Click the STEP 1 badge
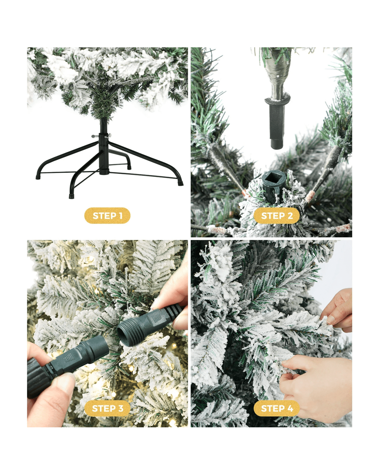107,216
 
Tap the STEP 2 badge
277,216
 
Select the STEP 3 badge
107,408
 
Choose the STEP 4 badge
277,408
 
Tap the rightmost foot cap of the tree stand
181,183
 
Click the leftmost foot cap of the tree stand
38,177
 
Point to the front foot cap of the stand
72,196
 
